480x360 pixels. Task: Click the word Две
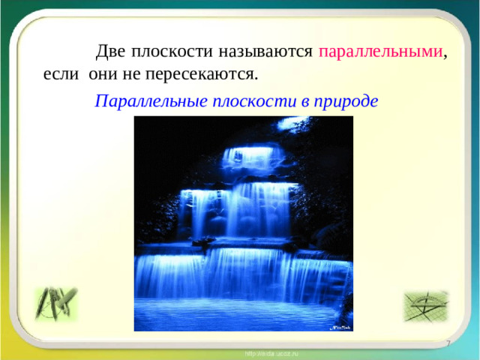[110, 52]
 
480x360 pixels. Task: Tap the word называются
[265, 52]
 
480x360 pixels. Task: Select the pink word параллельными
[381, 52]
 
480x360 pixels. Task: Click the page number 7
[448, 343]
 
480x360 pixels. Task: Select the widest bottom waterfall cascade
[240, 274]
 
